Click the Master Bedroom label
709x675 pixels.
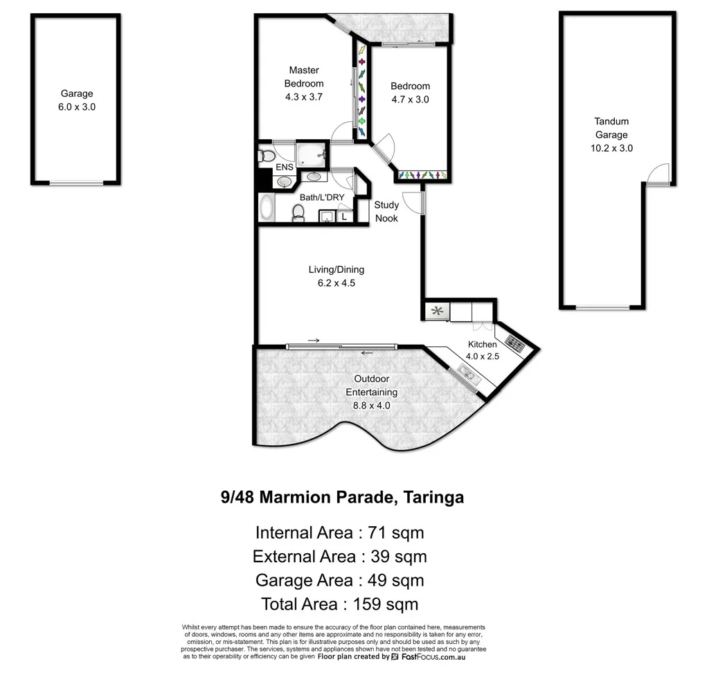(x=304, y=77)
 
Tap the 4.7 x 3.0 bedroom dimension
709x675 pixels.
(x=410, y=100)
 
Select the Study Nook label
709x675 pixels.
(x=386, y=212)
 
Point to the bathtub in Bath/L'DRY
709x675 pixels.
(x=267, y=208)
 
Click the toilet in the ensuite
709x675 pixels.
(x=267, y=156)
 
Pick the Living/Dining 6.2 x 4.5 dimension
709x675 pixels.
(x=336, y=283)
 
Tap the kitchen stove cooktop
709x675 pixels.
(x=514, y=344)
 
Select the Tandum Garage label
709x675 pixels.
(x=611, y=128)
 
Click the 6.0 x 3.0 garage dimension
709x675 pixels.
(x=76, y=107)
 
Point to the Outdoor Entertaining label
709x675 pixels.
(x=371, y=385)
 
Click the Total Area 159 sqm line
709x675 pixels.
(x=339, y=604)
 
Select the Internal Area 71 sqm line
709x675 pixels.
(x=339, y=532)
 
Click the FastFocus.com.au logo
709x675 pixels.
(x=428, y=656)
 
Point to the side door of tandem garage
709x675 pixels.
(x=658, y=174)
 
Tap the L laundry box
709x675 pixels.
(x=345, y=217)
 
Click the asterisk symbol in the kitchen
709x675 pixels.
(x=437, y=311)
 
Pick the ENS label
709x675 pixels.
(x=285, y=167)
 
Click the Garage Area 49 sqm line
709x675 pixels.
(x=339, y=580)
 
